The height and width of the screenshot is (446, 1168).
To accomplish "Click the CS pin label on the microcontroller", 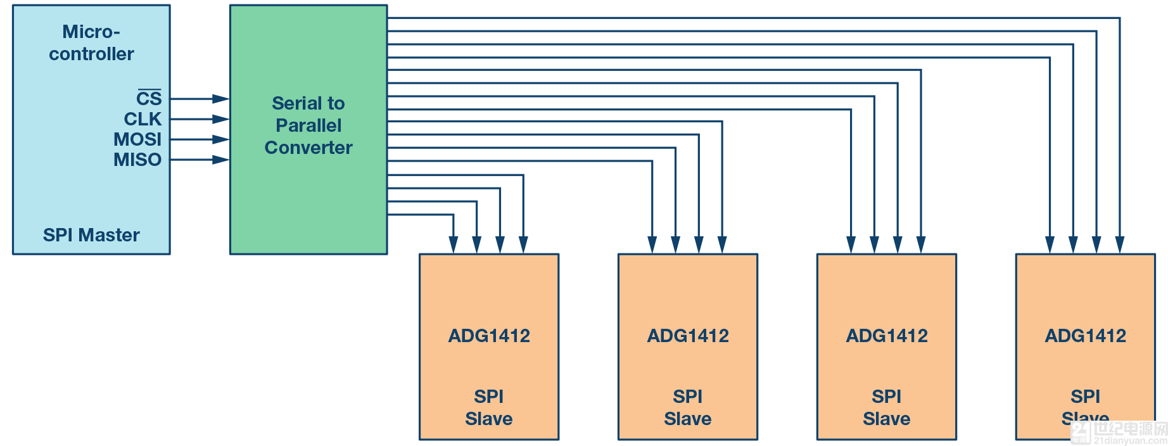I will tap(149, 99).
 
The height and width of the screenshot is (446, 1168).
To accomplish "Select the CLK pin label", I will tap(143, 119).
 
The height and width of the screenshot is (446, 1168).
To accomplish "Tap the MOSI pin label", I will tap(137, 139).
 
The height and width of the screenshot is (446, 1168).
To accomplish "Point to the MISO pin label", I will tap(137, 160).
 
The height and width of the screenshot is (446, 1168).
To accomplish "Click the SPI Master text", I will tap(91, 235).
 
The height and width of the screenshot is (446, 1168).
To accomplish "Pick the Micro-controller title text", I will tap(91, 42).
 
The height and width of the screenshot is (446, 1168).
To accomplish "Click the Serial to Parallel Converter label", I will tap(308, 125).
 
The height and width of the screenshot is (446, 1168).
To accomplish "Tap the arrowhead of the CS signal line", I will tap(221, 99).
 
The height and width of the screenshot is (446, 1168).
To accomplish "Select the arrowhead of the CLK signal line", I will tap(221, 119).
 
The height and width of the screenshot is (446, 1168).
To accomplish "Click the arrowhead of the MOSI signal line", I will tap(221, 139).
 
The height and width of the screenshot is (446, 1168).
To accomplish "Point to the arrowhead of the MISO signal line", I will tap(221, 160).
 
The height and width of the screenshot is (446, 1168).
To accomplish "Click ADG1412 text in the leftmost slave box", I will tap(489, 336).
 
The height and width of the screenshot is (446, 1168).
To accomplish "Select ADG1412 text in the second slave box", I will tap(688, 336).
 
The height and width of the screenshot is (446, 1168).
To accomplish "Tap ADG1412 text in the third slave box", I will tap(887, 336).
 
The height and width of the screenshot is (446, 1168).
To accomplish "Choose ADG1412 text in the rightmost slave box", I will tap(1086, 336).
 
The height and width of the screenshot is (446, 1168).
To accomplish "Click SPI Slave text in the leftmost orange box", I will tap(489, 407).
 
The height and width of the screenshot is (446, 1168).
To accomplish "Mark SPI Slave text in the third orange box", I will tap(887, 407).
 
